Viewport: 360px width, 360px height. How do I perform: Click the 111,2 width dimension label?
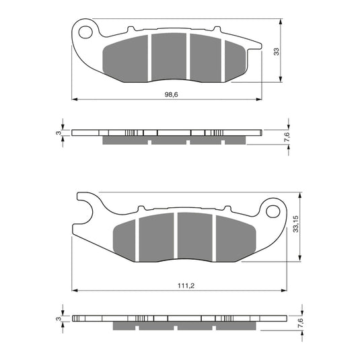pos(178,285)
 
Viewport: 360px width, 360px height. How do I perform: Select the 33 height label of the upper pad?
pos(277,52)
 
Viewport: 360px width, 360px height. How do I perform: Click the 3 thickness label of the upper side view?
pos(59,133)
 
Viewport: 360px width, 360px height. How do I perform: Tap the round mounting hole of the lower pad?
pos(273,212)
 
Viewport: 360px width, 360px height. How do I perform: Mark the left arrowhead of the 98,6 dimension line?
pos(74,100)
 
